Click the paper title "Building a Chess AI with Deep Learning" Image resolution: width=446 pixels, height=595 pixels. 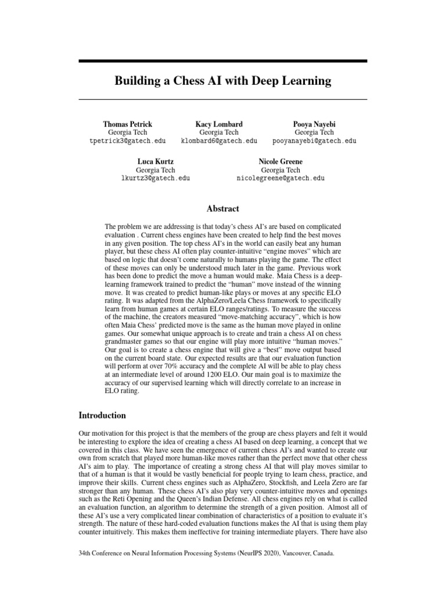point(223,81)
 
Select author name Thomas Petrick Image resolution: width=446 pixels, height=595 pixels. point(128,124)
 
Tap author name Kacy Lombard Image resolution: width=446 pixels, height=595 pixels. point(219,124)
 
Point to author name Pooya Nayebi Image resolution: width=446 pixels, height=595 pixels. point(314,124)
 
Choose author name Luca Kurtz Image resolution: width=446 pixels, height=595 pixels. point(155,162)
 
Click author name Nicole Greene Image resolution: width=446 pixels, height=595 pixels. point(280,162)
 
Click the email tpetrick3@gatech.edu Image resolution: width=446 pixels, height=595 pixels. point(128,141)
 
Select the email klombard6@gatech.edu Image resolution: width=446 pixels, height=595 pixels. point(219,141)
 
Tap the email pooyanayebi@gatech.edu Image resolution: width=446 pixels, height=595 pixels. point(314,141)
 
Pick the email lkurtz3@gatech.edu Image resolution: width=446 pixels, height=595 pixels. point(155,178)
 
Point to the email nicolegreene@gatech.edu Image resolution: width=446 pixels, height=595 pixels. point(280,178)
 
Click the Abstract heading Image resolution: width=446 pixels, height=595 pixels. point(223,209)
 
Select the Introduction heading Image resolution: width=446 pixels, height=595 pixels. point(102,415)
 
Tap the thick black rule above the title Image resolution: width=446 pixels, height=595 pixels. point(223,60)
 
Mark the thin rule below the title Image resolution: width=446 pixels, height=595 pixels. point(223,100)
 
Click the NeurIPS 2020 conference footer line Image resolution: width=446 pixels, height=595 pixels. point(206,570)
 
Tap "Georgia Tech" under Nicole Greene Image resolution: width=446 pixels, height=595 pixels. point(280,170)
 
